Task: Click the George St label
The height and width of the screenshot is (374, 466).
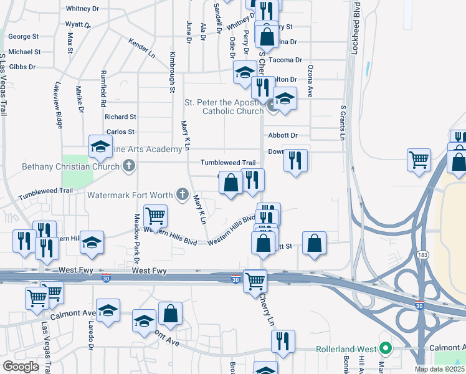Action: pos(23,37)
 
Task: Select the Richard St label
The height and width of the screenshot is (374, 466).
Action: pos(120,117)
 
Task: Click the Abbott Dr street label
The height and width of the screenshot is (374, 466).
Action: pos(283,135)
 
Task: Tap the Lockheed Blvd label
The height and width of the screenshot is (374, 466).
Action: pos(356,31)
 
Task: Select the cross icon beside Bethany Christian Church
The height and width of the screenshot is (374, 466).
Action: pos(128,166)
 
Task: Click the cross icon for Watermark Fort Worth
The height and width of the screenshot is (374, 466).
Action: pos(183,195)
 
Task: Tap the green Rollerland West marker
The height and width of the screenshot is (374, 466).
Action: pos(386,348)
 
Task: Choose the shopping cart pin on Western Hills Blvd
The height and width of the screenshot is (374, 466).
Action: pos(155,216)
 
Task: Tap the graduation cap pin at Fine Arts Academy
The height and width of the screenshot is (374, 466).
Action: pos(99,146)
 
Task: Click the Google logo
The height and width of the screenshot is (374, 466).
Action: pos(21,367)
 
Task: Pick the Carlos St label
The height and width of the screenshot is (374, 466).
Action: pos(120,132)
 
